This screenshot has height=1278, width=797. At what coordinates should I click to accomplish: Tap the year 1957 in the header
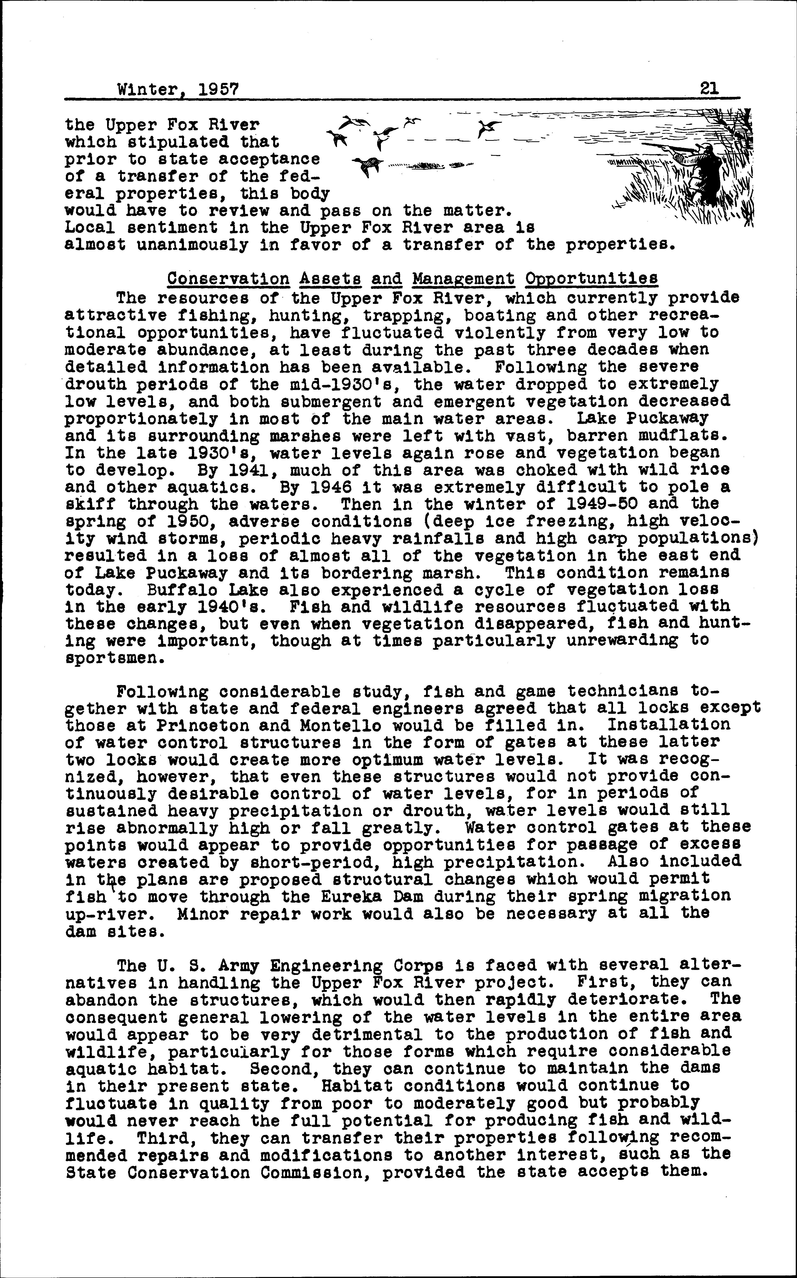click(218, 90)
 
